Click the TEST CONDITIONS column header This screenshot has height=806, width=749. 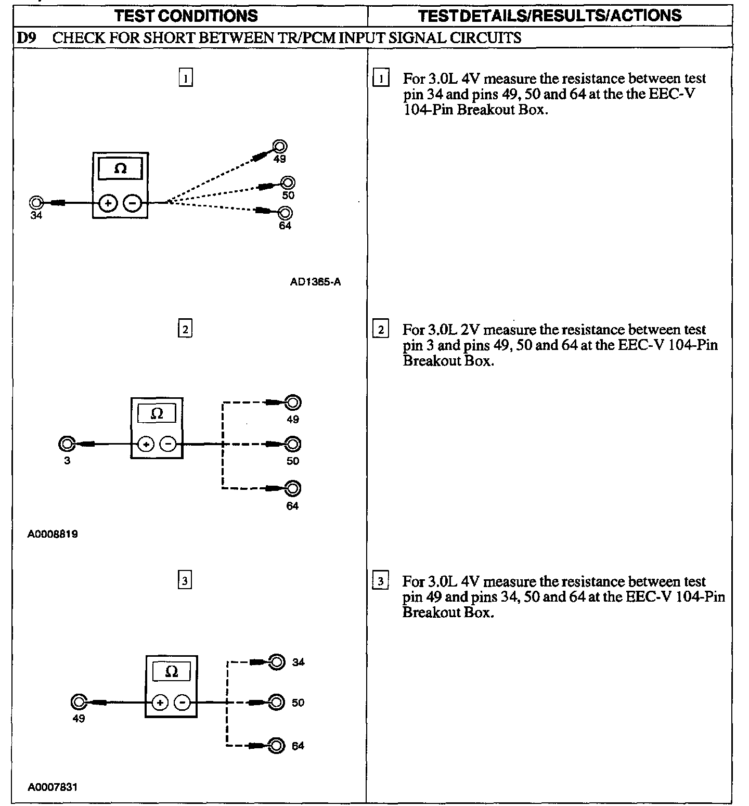[186, 16]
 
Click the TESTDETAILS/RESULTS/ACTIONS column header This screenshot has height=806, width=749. [549, 16]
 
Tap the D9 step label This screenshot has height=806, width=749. [25, 38]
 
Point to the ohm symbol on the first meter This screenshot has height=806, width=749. [120, 169]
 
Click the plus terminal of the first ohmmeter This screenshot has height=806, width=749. [108, 203]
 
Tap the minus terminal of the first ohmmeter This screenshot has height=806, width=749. [133, 203]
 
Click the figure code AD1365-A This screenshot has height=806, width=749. [315, 282]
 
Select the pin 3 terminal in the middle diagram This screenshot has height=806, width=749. [67, 444]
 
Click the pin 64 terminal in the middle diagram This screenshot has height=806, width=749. [293, 488]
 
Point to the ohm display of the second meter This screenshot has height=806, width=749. [157, 414]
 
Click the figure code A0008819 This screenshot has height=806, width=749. [53, 534]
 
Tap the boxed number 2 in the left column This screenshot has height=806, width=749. [185, 329]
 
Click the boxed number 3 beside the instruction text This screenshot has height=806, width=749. [381, 581]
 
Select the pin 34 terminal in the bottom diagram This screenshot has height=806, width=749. [278, 662]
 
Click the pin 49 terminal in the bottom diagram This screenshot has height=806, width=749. [79, 703]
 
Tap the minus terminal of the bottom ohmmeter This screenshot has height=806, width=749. [182, 703]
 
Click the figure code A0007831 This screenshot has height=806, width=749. [53, 787]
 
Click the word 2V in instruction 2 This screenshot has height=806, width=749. [470, 330]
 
